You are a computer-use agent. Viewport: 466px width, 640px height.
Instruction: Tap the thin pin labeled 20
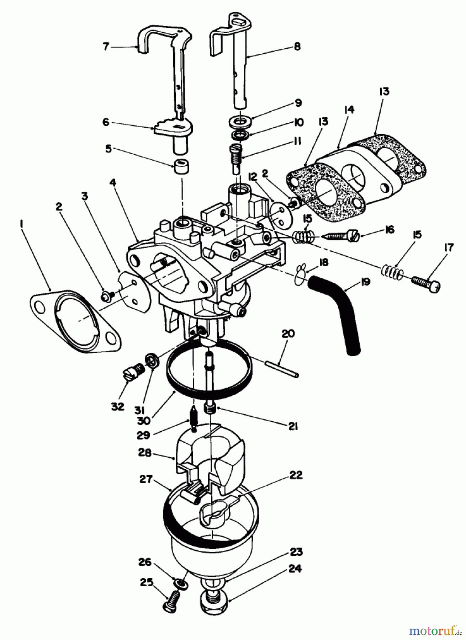click(x=281, y=369)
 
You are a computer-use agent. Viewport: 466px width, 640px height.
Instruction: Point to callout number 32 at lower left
click(x=118, y=406)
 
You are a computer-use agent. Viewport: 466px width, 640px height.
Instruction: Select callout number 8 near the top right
click(x=297, y=47)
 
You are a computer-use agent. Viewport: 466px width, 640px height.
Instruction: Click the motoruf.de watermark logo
click(x=432, y=630)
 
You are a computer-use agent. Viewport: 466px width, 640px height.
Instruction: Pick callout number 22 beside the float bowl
click(x=296, y=475)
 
